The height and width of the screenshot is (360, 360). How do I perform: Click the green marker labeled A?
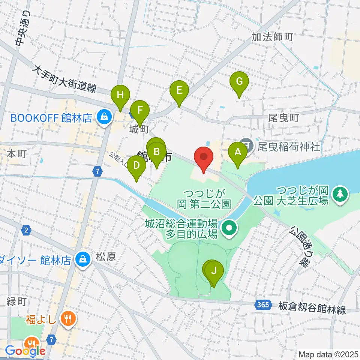pyautogui.click(x=237, y=153)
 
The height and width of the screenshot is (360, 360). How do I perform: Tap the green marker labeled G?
pyautogui.click(x=239, y=81)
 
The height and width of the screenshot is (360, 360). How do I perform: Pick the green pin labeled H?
pyautogui.click(x=120, y=95)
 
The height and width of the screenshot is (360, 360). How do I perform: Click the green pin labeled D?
pyautogui.click(x=136, y=165)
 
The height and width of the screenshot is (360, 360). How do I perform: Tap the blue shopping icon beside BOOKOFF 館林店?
pyautogui.click(x=103, y=118)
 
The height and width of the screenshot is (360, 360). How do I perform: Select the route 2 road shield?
pyautogui.click(x=25, y=230)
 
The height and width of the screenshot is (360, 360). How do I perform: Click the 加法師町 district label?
pyautogui.click(x=272, y=37)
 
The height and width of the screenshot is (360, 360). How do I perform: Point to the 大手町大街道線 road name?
pyautogui.click(x=64, y=79)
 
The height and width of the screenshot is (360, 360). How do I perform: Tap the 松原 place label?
pyautogui.click(x=106, y=257)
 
